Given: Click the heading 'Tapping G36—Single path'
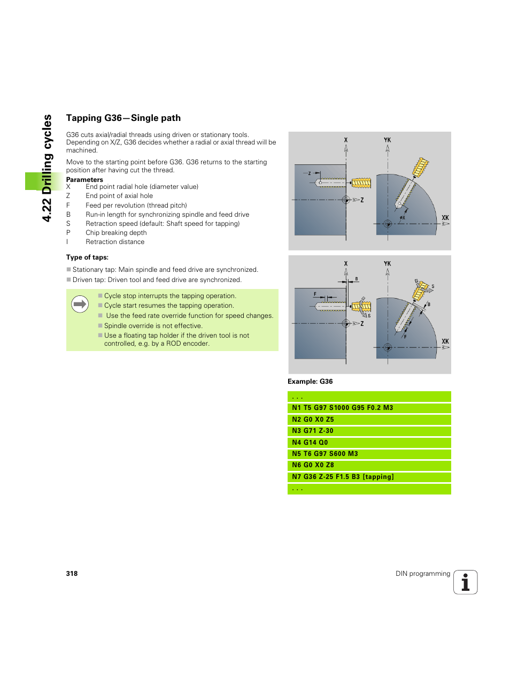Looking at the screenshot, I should pyautogui.click(x=123, y=118).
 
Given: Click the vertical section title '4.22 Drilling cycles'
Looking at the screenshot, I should pyautogui.click(x=47, y=168).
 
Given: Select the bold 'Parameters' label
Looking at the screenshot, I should pyautogui.click(x=84, y=180).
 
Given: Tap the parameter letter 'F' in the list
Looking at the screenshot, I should pyautogui.click(x=68, y=206).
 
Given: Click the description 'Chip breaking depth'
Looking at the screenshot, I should pyautogui.click(x=116, y=233).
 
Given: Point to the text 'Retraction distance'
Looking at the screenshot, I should pyautogui.click(x=115, y=242).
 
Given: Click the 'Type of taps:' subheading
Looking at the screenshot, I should pyautogui.click(x=87, y=257).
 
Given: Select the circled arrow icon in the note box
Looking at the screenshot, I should pyautogui.click(x=80, y=304).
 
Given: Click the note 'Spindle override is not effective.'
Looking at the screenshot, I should pyautogui.click(x=153, y=326).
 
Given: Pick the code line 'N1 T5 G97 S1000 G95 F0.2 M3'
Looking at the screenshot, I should pyautogui.click(x=342, y=408).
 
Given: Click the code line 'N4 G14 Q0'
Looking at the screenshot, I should pyautogui.click(x=310, y=443).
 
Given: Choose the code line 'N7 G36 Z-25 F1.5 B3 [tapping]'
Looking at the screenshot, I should pyautogui.click(x=343, y=477).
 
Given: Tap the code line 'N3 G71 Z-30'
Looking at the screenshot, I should pyautogui.click(x=312, y=431).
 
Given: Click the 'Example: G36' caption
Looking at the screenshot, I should pyautogui.click(x=310, y=382).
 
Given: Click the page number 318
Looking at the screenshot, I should pyautogui.click(x=72, y=574).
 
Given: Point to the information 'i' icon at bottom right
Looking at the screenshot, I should pyautogui.click(x=465, y=582).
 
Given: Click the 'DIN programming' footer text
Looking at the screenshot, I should pyautogui.click(x=422, y=574).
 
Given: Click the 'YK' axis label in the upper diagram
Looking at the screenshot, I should pyautogui.click(x=387, y=140).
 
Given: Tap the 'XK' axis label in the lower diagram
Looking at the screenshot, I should pyautogui.click(x=445, y=341).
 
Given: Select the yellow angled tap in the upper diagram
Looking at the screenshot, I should pyautogui.click(x=420, y=168).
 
